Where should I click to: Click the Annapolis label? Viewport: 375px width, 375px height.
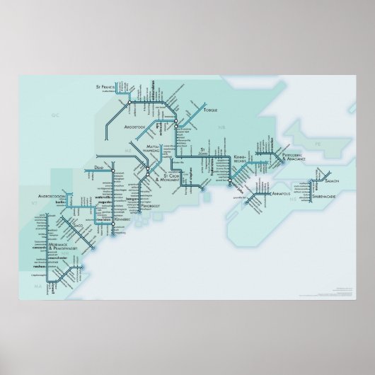point(276,192)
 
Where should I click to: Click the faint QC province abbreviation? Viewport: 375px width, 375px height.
point(54,112)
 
